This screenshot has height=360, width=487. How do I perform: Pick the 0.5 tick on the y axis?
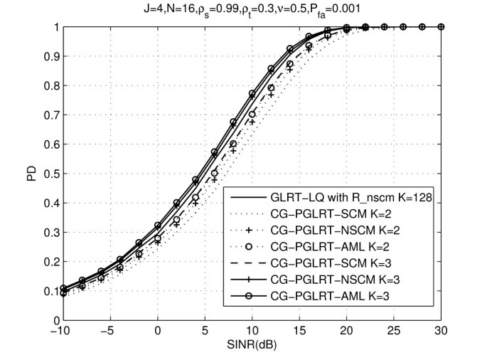click(x=49, y=174)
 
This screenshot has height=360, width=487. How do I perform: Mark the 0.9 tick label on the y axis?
click(x=49, y=56)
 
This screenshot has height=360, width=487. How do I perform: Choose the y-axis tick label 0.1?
click(x=49, y=291)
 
